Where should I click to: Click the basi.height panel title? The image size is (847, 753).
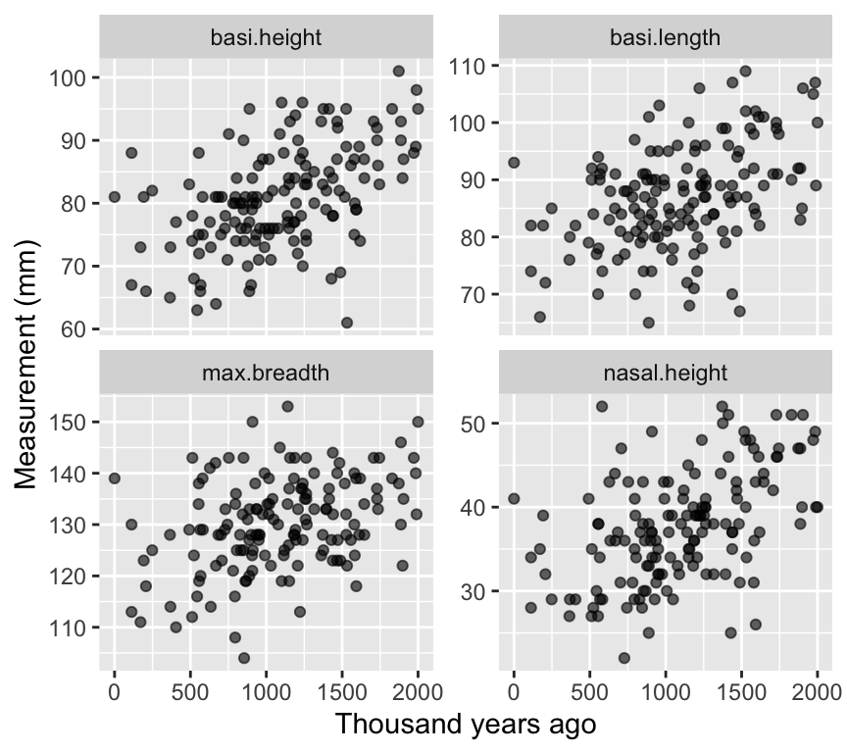click(266, 39)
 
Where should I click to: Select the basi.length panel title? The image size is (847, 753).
click(665, 39)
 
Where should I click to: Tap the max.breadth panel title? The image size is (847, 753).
click(266, 374)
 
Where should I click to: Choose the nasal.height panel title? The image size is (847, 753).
click(665, 374)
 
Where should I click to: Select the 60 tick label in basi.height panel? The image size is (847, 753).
click(75, 328)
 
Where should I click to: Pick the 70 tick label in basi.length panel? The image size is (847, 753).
click(474, 294)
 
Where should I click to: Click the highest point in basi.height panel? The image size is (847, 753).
click(399, 71)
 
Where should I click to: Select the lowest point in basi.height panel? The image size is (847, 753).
click(347, 323)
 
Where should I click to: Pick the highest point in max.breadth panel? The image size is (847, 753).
click(287, 406)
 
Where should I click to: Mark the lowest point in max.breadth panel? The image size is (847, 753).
click(244, 658)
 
